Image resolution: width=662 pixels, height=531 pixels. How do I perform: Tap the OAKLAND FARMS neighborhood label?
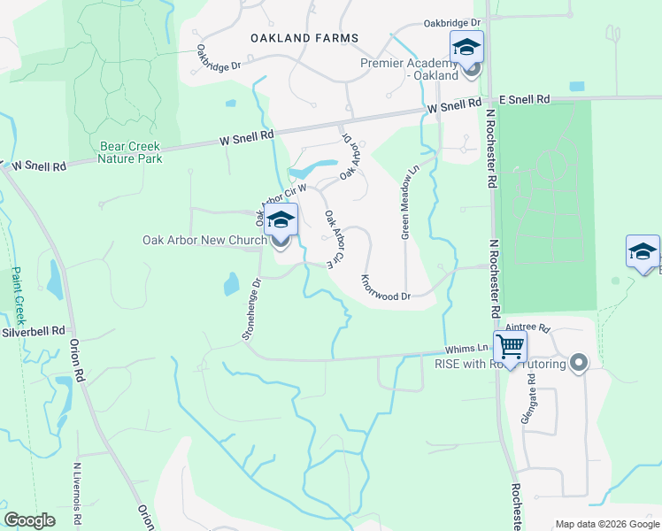coord(304,38)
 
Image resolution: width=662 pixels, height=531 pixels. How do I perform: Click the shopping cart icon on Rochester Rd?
coord(510,346)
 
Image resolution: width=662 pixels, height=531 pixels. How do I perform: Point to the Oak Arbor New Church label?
coord(204,240)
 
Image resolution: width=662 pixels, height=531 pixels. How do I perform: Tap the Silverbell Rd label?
coord(33,332)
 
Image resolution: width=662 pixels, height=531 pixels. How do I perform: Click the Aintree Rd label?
coord(530,327)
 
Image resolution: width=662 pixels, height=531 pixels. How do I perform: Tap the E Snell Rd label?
coord(525,100)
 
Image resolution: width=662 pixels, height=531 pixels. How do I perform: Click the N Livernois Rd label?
coord(77,496)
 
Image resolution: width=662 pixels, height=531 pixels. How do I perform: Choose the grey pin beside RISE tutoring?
coord(580,362)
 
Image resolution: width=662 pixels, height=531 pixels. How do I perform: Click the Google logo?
coord(30,520)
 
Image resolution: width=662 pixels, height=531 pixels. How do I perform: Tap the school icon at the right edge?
coord(642,250)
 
